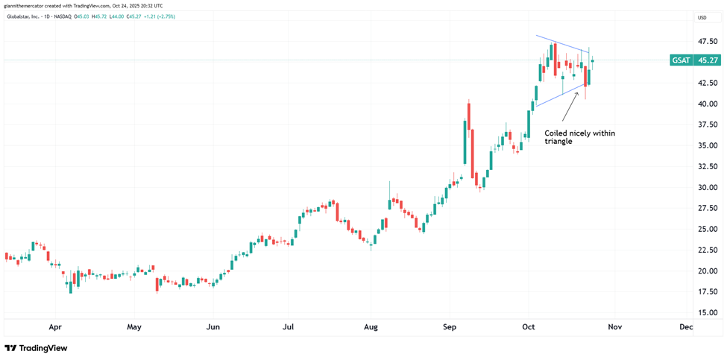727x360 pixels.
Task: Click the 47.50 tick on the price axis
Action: click(707, 42)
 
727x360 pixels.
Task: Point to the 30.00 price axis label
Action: click(707, 188)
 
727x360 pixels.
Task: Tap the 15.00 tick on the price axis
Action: click(707, 313)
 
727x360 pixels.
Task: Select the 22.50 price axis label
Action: click(707, 250)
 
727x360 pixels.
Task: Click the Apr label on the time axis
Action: click(54, 327)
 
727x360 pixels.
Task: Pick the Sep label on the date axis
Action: click(449, 327)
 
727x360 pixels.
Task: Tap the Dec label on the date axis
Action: click(686, 327)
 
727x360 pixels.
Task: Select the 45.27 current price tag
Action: click(707, 60)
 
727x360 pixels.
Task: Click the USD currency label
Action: click(702, 17)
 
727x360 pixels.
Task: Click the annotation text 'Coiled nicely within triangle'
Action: click(579, 136)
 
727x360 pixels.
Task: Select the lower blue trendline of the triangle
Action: click(559, 95)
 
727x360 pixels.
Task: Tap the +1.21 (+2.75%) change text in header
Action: click(160, 16)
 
